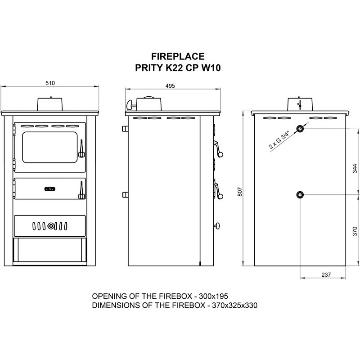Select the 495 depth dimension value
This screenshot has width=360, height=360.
pos(170,85)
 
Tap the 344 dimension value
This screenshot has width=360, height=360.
pos(355,168)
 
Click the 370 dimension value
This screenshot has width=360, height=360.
pos(355,231)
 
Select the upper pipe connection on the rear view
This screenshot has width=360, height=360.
pos(300,129)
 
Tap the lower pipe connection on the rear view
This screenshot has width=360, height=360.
pos(300,195)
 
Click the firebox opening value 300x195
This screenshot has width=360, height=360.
pos(216,297)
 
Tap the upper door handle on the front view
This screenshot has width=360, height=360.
pos(81,149)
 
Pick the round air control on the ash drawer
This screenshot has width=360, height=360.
pos(51,225)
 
